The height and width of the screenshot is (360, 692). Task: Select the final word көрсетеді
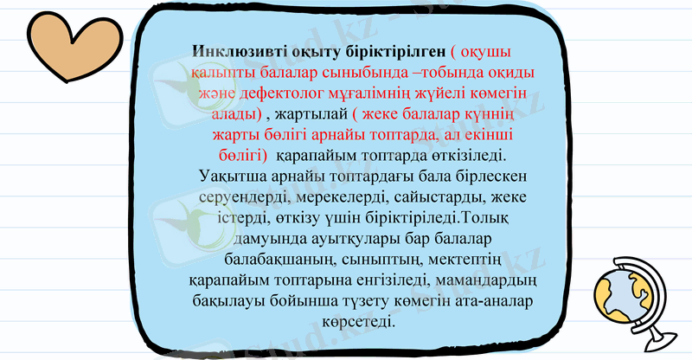[357, 324]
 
